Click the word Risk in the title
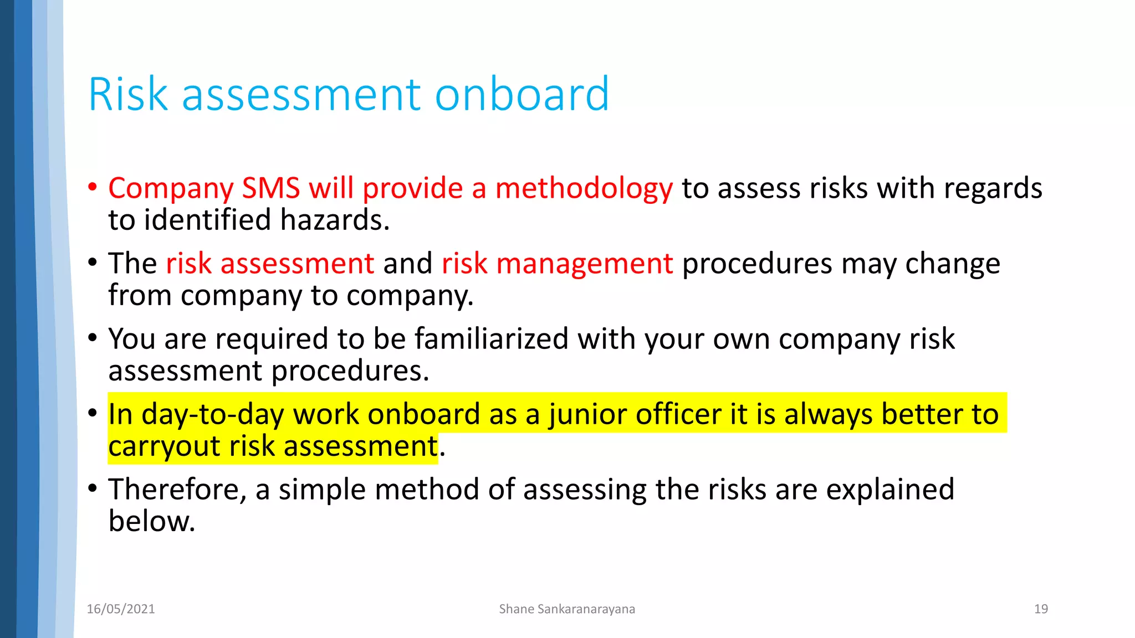click(128, 94)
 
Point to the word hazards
click(335, 220)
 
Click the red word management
click(585, 264)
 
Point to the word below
click(152, 521)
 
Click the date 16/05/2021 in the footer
click(121, 609)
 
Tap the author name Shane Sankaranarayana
click(567, 609)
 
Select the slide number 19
click(1041, 609)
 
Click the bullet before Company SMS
click(93, 187)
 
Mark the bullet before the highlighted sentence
click(93, 413)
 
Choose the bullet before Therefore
click(93, 488)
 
